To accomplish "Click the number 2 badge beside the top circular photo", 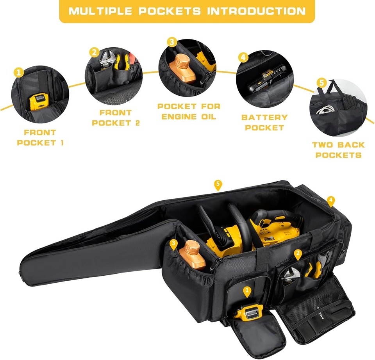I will point(94,52).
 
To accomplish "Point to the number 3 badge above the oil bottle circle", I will point(172,42).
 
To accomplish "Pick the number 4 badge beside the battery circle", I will point(243,57).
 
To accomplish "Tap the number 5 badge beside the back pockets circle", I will point(321,82).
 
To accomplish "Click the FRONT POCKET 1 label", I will point(40,138).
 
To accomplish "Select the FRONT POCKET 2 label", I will point(116,118).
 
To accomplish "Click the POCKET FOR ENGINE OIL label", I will point(189,111).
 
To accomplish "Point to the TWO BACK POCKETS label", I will point(338,150).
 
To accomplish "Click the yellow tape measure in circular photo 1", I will point(39,103).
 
